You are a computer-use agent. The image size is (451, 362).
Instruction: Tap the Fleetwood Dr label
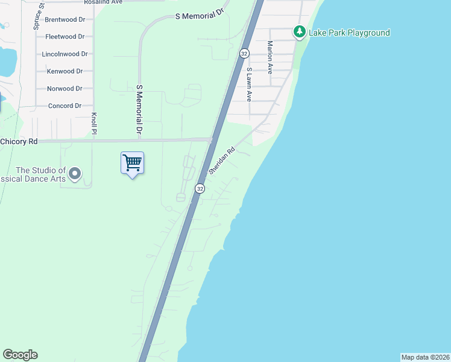tap(65, 37)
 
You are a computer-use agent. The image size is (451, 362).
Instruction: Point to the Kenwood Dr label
tap(65, 71)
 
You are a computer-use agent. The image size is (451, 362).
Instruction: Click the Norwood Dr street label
tap(65, 89)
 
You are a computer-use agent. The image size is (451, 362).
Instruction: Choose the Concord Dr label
tap(65, 106)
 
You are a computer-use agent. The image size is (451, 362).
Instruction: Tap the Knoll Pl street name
tap(94, 123)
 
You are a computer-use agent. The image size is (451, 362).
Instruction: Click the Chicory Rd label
tap(19, 141)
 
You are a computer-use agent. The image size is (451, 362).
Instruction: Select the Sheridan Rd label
tap(221, 162)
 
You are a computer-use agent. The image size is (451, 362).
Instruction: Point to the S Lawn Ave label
tap(248, 84)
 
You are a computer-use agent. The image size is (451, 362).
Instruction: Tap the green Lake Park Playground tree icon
tap(299, 32)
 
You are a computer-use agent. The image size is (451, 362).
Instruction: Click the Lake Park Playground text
tap(349, 33)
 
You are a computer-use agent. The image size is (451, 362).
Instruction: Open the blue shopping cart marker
tap(132, 163)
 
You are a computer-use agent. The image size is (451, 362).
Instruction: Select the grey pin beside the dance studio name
tap(75, 174)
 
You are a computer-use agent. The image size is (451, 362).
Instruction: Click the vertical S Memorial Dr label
tap(139, 109)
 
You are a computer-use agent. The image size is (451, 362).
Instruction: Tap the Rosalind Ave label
tap(103, 2)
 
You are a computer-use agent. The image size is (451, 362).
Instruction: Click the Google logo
tap(20, 355)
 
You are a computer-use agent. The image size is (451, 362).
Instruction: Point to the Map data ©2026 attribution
tap(426, 357)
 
